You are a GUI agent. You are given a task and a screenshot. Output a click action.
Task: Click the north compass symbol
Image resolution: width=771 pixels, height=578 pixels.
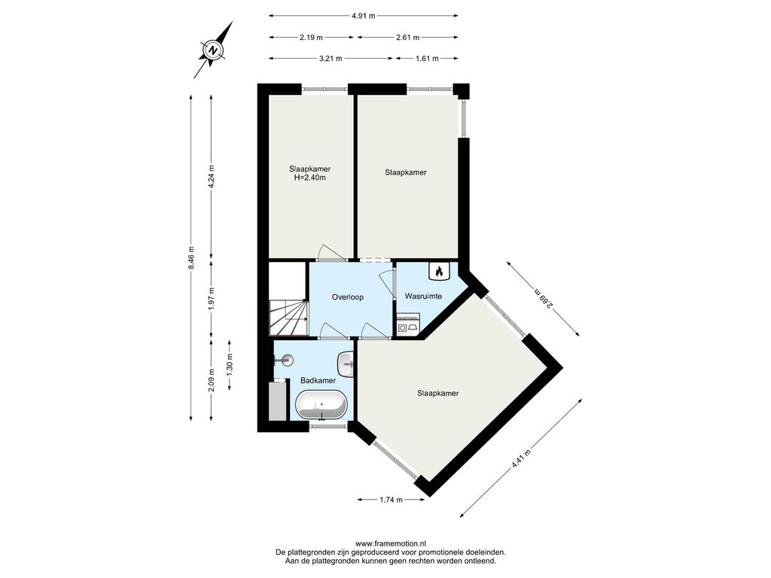(x=213, y=50)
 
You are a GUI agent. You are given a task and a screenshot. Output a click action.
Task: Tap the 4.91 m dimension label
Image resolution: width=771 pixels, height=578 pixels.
(x=364, y=16)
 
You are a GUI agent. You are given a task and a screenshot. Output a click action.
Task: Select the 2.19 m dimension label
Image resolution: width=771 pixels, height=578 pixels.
(x=311, y=38)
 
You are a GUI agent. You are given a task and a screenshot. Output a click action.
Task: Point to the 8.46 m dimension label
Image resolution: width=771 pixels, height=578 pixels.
(x=191, y=257)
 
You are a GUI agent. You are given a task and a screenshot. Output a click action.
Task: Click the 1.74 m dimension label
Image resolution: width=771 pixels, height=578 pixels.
(x=391, y=500)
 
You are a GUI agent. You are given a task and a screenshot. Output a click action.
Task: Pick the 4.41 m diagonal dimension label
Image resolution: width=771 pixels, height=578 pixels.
(x=521, y=460)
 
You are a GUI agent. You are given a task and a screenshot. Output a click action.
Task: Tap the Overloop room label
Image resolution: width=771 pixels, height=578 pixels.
(x=348, y=297)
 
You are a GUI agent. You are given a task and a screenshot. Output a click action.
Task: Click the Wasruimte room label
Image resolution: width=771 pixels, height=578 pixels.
(x=423, y=297)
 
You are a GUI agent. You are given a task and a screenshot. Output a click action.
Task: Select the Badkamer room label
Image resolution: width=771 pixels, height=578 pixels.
(x=318, y=380)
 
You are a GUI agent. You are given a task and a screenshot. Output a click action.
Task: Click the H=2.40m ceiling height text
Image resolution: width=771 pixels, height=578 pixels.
(x=309, y=178)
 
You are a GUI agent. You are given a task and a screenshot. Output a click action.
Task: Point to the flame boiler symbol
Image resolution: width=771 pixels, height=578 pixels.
(x=439, y=271)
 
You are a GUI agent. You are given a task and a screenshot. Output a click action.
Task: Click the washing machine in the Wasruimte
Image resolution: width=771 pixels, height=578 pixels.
(x=408, y=325)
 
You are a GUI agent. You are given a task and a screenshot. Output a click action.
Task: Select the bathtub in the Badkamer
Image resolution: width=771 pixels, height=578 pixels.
(x=321, y=406)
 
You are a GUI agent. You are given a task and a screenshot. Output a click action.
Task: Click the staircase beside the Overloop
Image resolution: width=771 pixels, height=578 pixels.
(x=288, y=318)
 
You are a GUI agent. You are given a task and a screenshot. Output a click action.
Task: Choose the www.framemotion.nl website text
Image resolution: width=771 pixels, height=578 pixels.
(x=391, y=543)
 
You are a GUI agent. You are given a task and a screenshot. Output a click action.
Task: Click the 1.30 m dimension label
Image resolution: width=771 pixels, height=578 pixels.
(x=230, y=365)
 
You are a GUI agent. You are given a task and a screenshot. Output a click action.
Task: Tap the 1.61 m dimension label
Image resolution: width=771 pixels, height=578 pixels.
(x=427, y=59)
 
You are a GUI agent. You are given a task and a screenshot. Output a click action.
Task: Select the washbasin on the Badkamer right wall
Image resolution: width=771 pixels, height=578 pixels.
(x=346, y=365)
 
